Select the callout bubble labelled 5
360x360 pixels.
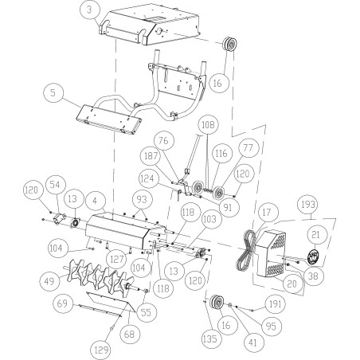[52, 92]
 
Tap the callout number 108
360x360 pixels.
[207, 125]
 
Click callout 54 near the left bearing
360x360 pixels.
[55, 184]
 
